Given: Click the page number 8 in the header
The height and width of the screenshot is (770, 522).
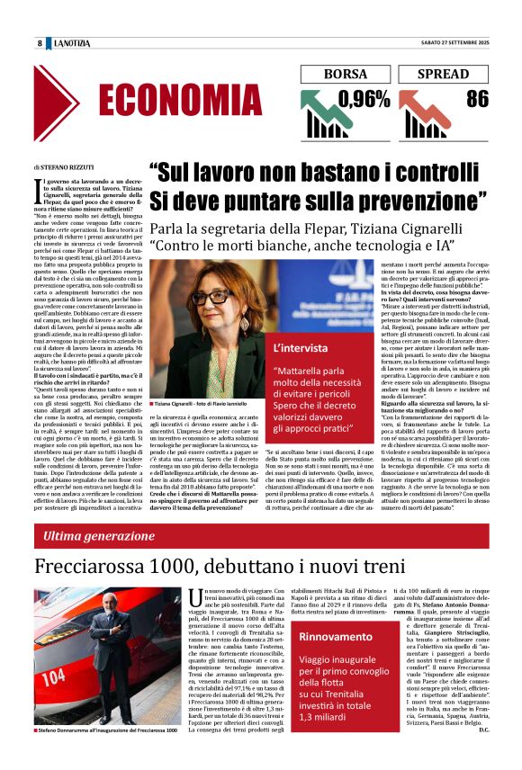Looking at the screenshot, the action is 40,43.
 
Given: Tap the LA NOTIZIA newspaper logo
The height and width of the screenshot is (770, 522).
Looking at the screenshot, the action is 72,43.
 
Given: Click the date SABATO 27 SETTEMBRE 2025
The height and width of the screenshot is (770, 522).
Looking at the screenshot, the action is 446,43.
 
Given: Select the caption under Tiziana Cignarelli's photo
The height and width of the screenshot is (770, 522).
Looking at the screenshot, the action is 200,406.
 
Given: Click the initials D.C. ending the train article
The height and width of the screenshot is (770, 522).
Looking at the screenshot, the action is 481,754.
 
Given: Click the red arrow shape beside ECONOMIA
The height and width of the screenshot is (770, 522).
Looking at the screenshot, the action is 82,101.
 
